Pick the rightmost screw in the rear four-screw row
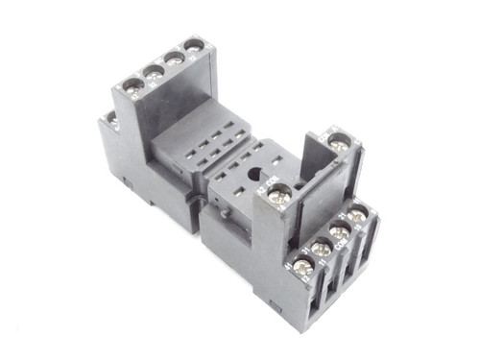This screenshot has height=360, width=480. (195, 45)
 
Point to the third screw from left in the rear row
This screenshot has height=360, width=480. (175, 58)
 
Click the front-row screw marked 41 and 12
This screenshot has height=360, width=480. (301, 266)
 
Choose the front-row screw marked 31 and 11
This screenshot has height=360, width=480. (322, 249)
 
